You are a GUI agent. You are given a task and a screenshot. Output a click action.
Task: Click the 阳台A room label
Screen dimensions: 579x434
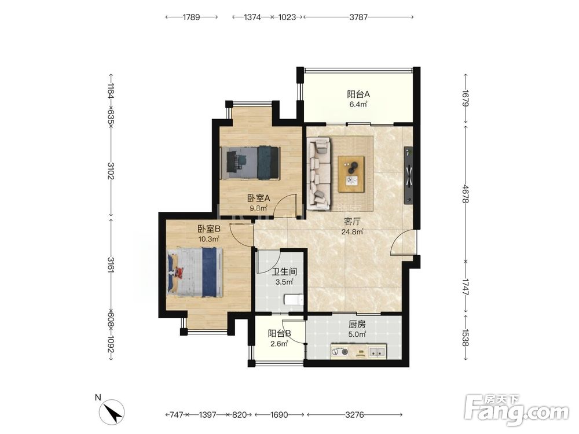tap(358, 94)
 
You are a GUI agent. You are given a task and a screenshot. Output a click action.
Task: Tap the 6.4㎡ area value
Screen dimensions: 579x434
tap(358, 104)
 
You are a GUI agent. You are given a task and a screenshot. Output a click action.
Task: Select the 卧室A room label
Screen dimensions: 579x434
tap(258, 198)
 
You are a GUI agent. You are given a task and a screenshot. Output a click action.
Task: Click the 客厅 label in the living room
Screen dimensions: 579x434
tap(352, 222)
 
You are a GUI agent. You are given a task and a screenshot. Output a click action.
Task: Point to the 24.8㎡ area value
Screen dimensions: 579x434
tap(352, 232)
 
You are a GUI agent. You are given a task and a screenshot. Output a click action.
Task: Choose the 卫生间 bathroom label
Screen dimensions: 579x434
tap(284, 272)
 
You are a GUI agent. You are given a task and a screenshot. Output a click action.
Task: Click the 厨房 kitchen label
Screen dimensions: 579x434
tap(357, 325)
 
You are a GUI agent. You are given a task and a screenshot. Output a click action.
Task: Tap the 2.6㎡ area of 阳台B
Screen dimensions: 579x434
tap(279, 344)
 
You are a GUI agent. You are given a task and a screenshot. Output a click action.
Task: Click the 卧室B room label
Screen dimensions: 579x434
tap(208, 229)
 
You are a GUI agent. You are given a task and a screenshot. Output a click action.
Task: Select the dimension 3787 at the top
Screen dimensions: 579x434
tap(358, 17)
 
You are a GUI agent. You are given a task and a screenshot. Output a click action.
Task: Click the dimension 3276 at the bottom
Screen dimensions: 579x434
tap(354, 415)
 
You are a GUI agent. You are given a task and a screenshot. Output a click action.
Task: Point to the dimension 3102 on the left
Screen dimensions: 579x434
tap(111, 171)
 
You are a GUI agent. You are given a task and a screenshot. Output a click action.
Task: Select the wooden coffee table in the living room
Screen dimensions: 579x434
tap(351, 174)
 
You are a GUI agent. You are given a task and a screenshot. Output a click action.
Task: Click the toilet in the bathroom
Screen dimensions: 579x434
tap(294, 299)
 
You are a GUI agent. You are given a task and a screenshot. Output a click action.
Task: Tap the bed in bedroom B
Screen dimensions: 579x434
tap(195, 273)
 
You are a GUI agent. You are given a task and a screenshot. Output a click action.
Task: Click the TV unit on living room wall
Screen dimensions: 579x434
tap(408, 175)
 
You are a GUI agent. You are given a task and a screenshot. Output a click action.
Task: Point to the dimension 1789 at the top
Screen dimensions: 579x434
tap(191, 17)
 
